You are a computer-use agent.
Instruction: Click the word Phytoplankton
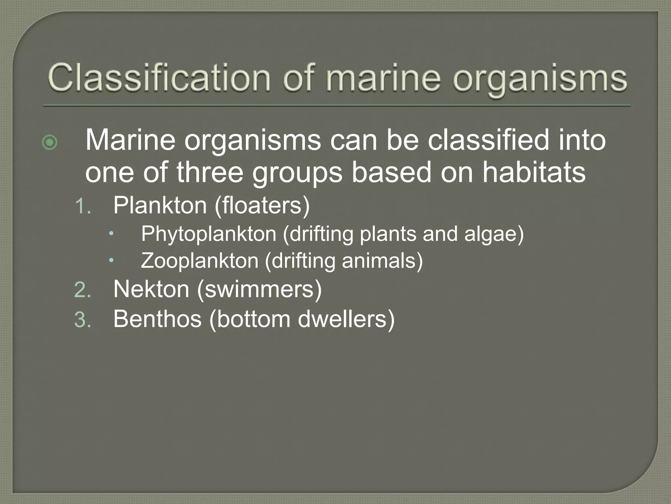209,234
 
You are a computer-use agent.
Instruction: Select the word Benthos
157,319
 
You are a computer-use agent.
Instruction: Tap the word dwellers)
346,319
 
